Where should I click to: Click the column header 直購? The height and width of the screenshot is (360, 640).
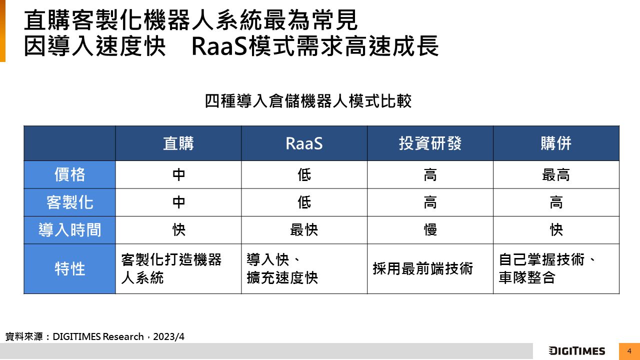pos(178,143)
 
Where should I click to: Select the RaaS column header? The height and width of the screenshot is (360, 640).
pos(304,143)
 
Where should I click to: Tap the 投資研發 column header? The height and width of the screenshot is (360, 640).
pos(430,143)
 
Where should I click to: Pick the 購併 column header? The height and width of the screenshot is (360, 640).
pos(556,143)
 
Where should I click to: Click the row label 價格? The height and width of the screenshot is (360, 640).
pos(69,174)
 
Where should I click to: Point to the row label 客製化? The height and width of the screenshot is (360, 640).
pos(69,202)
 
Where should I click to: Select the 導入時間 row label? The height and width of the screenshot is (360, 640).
pos(69,230)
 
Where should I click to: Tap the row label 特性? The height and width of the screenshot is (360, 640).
pos(69,269)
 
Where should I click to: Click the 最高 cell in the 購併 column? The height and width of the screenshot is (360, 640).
pos(556,174)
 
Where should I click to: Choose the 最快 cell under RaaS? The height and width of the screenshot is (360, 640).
pos(304,230)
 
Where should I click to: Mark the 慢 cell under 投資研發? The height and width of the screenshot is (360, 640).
pos(430,230)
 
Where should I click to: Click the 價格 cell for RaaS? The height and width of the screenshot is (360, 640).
pos(304,174)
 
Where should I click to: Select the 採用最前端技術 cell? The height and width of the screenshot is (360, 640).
pos(423,269)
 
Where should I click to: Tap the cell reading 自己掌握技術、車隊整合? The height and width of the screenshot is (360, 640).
pos(547,268)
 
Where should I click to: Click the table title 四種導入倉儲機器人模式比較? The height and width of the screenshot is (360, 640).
pos(308,101)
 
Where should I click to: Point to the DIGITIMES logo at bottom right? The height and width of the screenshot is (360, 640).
pos(577,351)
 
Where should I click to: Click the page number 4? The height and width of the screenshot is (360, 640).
pos(629,351)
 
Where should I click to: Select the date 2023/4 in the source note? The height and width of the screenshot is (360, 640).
pos(168,336)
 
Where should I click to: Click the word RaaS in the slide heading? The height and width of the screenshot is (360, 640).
pos(219,46)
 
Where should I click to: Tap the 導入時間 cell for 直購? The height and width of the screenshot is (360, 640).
pos(178,230)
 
